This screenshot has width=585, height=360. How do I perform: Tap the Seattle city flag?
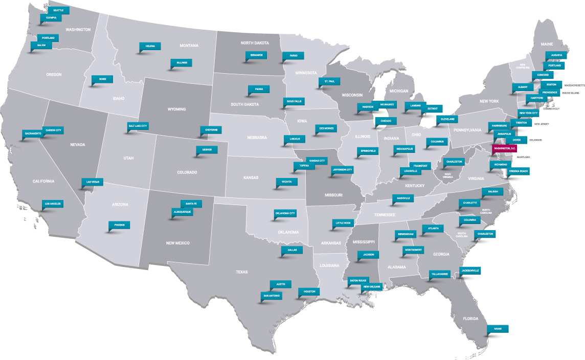pos(58,10)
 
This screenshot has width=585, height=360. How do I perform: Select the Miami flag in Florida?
pos(498,328)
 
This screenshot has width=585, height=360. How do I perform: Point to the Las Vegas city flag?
pos(93,182)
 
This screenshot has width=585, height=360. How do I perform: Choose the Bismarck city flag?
pos(256,55)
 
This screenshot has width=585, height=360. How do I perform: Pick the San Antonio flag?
pos(271,296)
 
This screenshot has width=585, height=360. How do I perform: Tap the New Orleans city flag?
pos(372,287)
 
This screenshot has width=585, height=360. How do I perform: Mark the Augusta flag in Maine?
pos(556,55)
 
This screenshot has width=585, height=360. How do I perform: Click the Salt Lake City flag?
pos(138,125)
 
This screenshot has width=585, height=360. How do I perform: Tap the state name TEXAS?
pos(241,272)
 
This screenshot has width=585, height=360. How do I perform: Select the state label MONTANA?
pos(189,46)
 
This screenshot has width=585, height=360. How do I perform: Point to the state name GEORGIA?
pos(441,254)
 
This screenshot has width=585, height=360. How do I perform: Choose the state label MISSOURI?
pos(333,195)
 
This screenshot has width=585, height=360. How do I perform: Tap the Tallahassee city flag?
pos(440,274)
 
